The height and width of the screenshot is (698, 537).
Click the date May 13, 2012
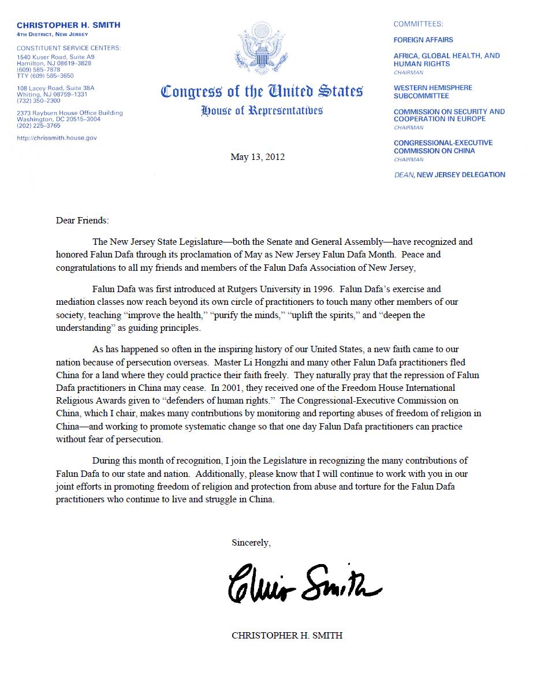click(x=258, y=157)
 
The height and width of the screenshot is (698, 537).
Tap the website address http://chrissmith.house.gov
click(x=57, y=138)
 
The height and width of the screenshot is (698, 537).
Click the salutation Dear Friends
click(x=82, y=220)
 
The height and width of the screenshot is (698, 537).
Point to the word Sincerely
click(x=251, y=543)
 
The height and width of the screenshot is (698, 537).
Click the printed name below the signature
click(x=287, y=635)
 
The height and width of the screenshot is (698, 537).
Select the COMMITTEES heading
click(x=418, y=24)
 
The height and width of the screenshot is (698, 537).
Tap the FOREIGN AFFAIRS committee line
click(x=423, y=40)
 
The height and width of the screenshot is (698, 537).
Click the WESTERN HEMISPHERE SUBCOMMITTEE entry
click(x=432, y=91)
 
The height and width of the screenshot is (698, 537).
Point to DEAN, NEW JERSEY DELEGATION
click(x=449, y=174)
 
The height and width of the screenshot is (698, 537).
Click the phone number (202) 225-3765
click(x=39, y=125)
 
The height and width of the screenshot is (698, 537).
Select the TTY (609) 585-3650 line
click(x=46, y=76)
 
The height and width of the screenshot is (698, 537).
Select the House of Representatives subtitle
click(x=262, y=110)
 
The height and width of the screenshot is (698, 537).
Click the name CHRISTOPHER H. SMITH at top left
click(x=69, y=25)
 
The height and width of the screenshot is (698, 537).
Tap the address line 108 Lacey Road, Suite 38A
click(x=55, y=88)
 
